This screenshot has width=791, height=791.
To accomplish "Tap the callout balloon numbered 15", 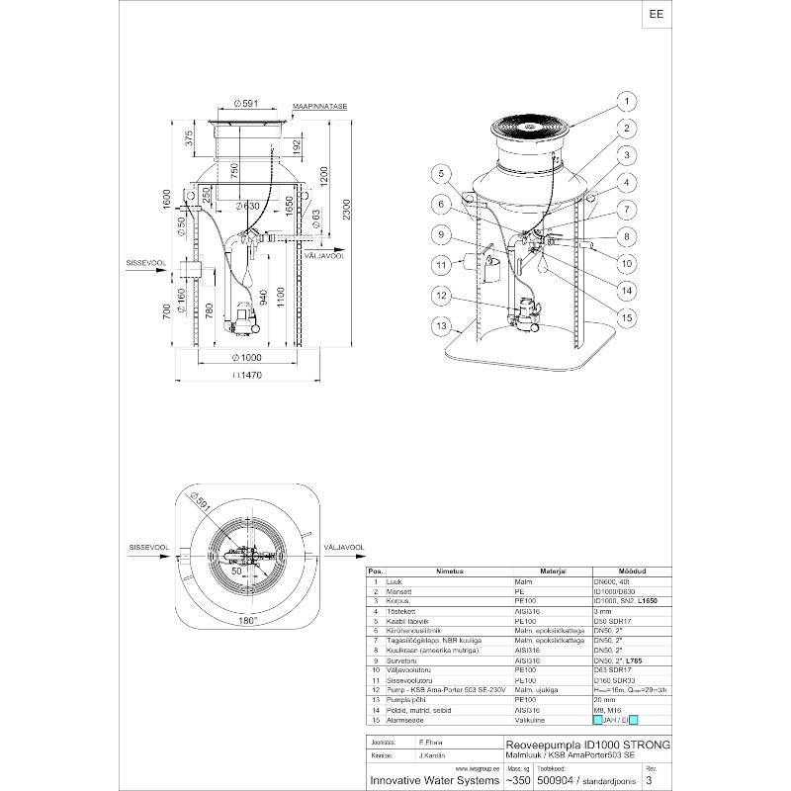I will [625, 316].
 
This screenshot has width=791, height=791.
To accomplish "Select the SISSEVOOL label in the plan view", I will [146, 546].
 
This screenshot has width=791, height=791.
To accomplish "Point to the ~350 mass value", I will [517, 780].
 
